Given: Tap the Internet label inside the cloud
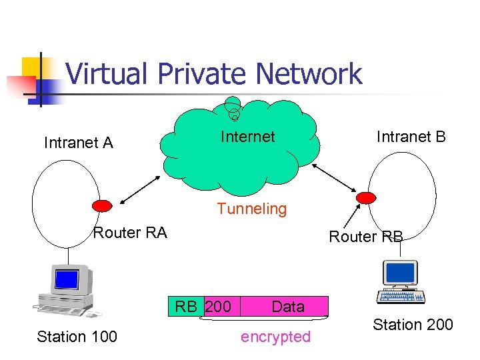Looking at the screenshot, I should click(247, 137).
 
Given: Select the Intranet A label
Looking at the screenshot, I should click(78, 142).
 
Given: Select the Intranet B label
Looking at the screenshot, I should click(411, 137).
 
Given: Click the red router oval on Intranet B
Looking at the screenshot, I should click(366, 197).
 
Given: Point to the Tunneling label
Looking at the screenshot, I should click(251, 209).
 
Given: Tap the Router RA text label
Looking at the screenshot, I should click(130, 232).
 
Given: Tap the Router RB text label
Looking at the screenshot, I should click(366, 237).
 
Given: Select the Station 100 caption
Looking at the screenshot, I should click(77, 337).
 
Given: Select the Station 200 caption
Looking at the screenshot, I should click(412, 325).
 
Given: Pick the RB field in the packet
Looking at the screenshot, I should click(186, 307).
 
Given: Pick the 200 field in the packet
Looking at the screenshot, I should click(219, 307).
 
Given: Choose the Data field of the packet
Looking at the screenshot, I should click(288, 307).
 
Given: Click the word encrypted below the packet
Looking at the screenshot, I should click(275, 337).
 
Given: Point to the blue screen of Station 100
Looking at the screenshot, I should click(67, 279).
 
